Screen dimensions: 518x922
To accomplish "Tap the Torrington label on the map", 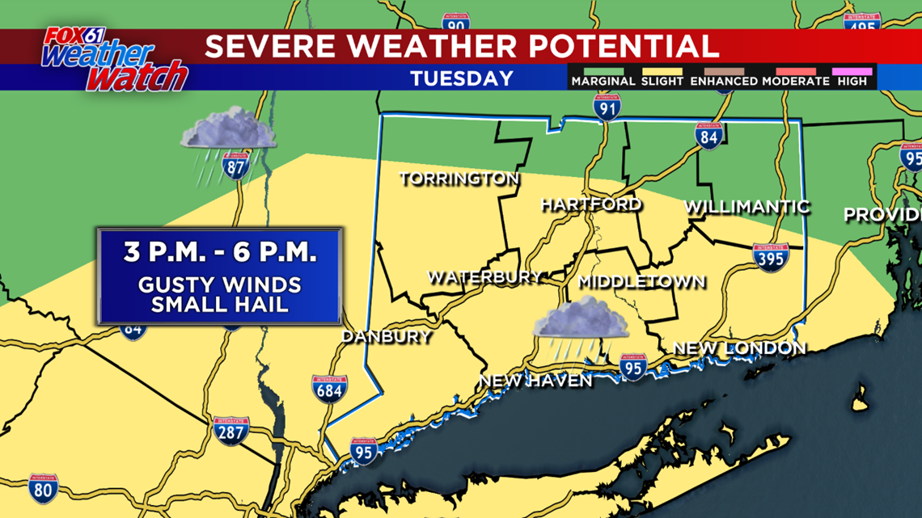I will pos(459,179).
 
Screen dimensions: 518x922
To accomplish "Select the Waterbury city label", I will pos(484,278).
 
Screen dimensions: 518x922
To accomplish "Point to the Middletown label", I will pos(642,282).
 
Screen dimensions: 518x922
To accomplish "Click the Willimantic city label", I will pos(746,207).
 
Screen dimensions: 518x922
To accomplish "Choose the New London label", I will pos(739,348).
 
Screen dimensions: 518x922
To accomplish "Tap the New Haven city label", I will pos(535,381).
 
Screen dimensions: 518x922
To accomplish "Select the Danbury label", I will pos(386,337).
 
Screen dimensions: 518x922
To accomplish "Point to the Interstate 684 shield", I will pos(330,390).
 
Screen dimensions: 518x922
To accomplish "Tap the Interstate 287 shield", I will pos(230,432).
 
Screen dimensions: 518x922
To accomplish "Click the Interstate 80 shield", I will pos(44,488).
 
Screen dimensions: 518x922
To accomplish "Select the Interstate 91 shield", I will pos(606,105).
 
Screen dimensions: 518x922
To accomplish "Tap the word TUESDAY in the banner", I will pos(461,78).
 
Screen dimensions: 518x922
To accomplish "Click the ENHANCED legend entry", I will pos(724,82).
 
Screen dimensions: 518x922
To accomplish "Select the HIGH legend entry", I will pos(852,82).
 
